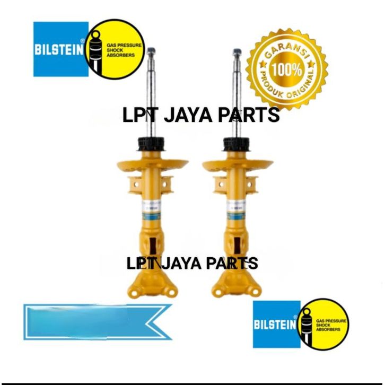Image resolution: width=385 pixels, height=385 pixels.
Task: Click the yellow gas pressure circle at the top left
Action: tap(115, 49)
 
